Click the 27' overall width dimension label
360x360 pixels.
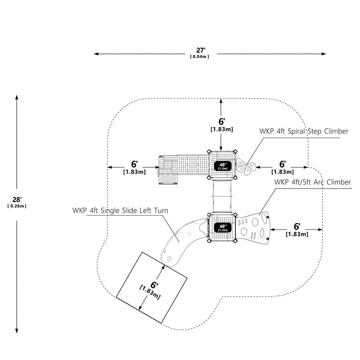click(x=200, y=50)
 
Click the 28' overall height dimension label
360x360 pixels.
click(x=17, y=199)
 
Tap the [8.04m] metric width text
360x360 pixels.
click(x=199, y=57)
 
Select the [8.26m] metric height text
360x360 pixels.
click(x=17, y=206)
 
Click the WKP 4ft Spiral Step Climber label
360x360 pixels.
click(x=304, y=131)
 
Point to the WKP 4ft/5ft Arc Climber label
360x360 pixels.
click(x=312, y=182)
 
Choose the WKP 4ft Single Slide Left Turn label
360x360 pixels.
click(x=120, y=211)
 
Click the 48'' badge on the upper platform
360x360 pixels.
click(x=222, y=166)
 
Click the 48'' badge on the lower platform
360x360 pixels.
click(x=222, y=228)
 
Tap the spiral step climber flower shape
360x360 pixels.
click(x=246, y=166)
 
